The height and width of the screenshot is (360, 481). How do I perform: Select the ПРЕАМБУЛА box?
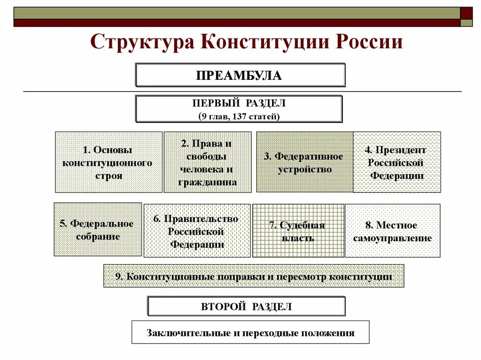[240, 75]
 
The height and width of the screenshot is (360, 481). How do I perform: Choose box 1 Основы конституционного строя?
[109, 162]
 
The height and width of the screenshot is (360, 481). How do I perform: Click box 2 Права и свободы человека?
[207, 162]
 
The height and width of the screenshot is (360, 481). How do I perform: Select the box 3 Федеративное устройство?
[304, 162]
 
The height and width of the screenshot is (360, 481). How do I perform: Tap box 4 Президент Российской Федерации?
[396, 162]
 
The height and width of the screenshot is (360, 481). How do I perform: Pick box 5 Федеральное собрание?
[98, 230]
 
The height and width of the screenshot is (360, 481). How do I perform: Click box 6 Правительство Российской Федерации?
[197, 231]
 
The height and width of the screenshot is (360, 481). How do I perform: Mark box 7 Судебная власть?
[298, 231]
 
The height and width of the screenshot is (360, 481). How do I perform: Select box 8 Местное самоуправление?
[392, 231]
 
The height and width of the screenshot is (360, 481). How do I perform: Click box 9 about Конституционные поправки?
[254, 276]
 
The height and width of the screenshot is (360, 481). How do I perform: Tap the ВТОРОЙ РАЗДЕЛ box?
[246, 306]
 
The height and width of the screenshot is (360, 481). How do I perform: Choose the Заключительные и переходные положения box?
[250, 333]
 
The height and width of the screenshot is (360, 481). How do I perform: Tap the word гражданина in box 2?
[207, 182]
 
